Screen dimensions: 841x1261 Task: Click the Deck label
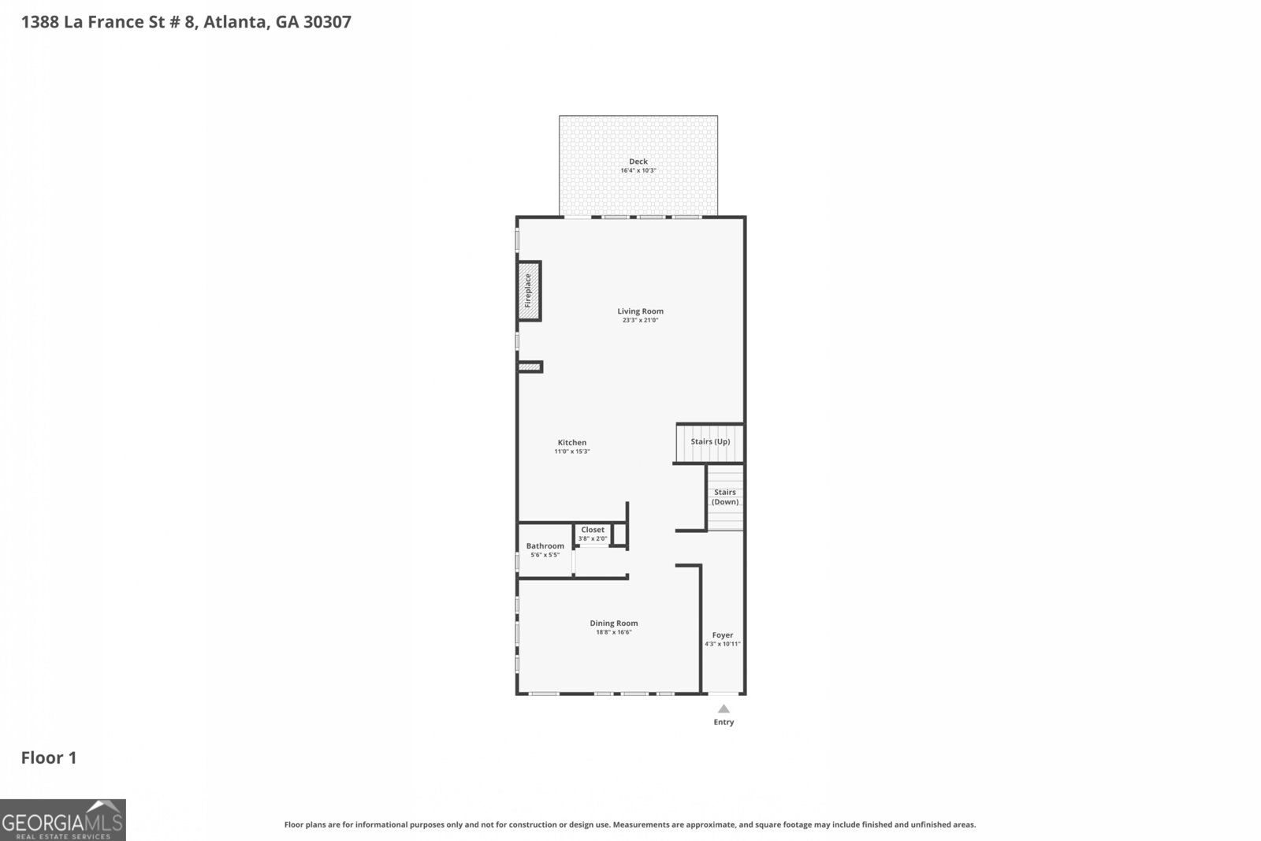tap(638, 162)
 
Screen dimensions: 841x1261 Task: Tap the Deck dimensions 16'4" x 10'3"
tap(638, 170)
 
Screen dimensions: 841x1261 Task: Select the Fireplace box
tap(529, 291)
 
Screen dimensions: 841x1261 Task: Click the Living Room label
tap(640, 311)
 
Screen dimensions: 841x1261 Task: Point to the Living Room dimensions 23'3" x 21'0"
tap(640, 320)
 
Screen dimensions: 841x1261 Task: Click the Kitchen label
tap(572, 443)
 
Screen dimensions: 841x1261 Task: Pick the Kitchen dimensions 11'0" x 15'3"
tap(572, 452)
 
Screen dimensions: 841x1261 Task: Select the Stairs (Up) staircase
tap(710, 442)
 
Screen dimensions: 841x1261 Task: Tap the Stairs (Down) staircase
tap(725, 497)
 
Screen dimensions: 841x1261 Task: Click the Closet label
tap(593, 530)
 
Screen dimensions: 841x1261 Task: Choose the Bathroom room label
tap(545, 546)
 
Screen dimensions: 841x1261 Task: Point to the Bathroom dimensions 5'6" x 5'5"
tap(545, 555)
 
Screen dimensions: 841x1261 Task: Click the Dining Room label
tap(614, 623)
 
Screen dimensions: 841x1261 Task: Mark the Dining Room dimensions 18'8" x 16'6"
tap(614, 632)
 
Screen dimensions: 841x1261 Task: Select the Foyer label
tap(723, 635)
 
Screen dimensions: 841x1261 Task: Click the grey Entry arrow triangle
tap(723, 709)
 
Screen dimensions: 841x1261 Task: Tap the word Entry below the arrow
tap(723, 722)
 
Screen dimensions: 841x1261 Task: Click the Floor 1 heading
tap(49, 758)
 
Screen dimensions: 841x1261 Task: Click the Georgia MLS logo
tap(62, 821)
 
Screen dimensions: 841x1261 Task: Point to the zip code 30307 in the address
tap(327, 22)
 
